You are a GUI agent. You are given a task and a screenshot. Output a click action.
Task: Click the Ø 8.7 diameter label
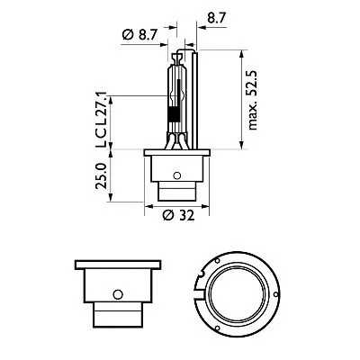pos(137,33)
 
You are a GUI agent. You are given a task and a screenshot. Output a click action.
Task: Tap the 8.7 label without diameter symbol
pos(216,16)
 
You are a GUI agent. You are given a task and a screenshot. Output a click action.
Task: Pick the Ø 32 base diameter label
pos(180,216)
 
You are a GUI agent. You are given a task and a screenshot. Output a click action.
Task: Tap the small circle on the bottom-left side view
pos(116,294)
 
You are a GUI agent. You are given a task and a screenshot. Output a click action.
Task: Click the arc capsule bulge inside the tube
pos(176,92)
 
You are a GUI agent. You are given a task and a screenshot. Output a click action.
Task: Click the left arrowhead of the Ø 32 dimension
pos(146,205)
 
